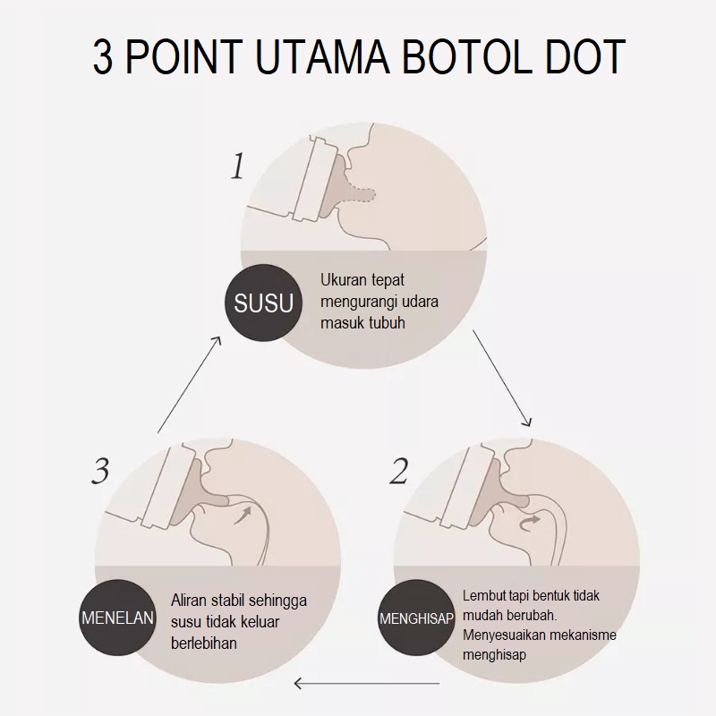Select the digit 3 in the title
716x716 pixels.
pyautogui.click(x=104, y=56)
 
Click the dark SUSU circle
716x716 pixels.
pyautogui.click(x=264, y=303)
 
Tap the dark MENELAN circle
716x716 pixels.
pyautogui.click(x=118, y=618)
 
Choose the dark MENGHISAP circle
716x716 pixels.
pyautogui.click(x=417, y=618)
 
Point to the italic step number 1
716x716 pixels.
pyautogui.click(x=237, y=166)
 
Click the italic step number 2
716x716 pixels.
pyautogui.click(x=398, y=472)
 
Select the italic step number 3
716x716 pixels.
pyautogui.click(x=100, y=472)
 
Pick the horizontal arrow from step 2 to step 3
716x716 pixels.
pyautogui.click(x=367, y=686)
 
